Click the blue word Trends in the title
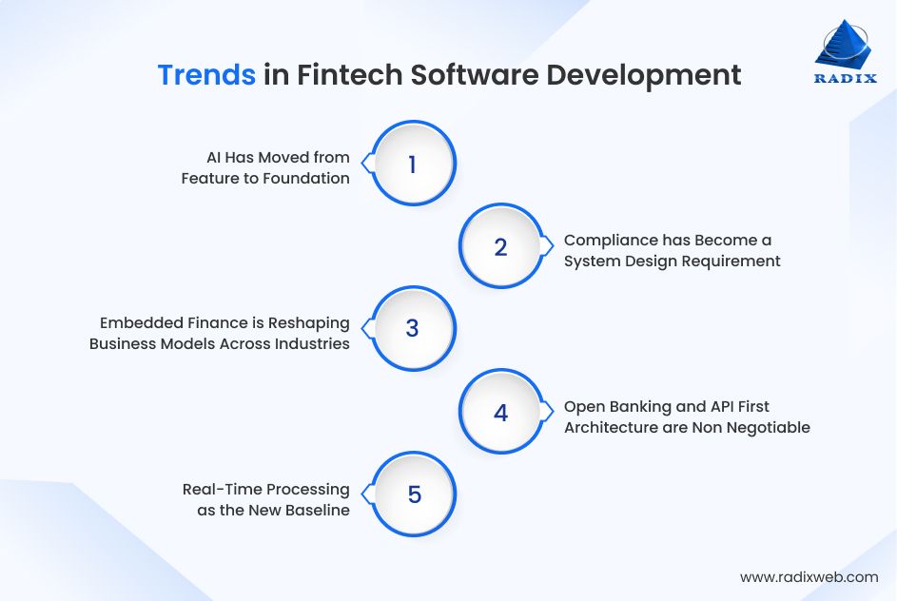point(206,75)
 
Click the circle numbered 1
point(412,165)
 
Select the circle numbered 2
point(500,247)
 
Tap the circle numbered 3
point(412,329)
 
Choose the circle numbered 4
point(500,413)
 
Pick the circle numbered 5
point(413,494)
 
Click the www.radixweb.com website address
point(809,576)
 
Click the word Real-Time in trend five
point(216,489)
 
